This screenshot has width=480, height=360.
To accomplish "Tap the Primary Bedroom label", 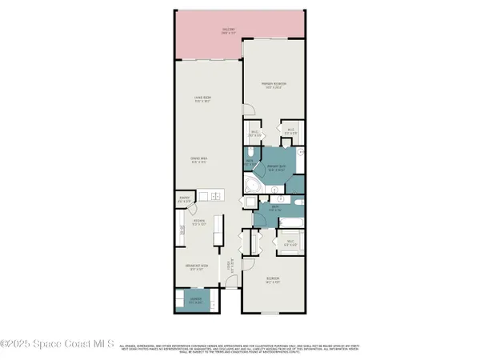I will point(274,84).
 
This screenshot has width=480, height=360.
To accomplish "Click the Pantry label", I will point(183,200).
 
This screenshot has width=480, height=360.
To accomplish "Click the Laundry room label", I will point(194,302).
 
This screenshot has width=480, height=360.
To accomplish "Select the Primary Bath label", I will point(278,168).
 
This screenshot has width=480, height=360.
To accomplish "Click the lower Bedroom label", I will point(274,280).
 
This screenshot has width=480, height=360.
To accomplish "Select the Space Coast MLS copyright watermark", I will point(58,342).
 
